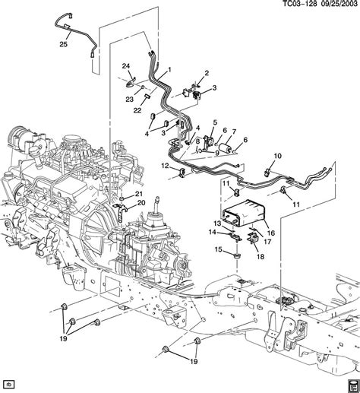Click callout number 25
click(x=64, y=44)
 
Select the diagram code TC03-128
click(x=299, y=4)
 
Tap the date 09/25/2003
click(x=338, y=4)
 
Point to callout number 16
click(x=271, y=233)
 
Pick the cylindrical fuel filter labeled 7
click(x=226, y=147)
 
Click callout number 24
click(x=126, y=66)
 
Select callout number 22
click(x=137, y=110)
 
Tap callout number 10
click(x=278, y=156)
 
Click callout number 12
click(x=165, y=166)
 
